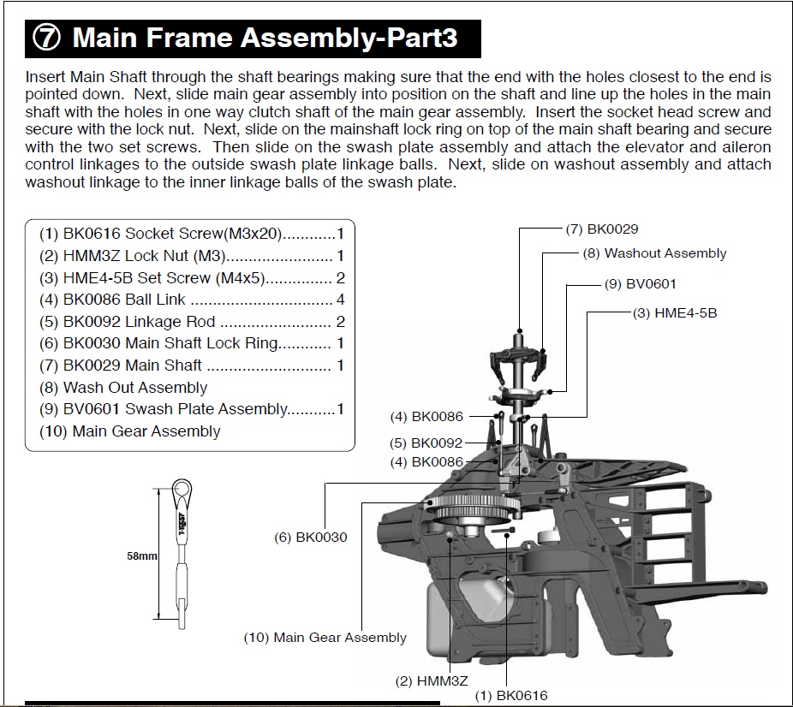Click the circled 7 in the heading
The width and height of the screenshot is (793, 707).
click(47, 39)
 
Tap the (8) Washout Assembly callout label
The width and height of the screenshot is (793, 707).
click(654, 253)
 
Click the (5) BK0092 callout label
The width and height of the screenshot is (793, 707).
click(426, 443)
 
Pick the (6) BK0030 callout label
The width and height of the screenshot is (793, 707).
click(311, 538)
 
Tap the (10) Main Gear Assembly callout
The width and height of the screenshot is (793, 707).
click(325, 638)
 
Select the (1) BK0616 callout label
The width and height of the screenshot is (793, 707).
click(511, 695)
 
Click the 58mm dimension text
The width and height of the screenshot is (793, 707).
click(141, 555)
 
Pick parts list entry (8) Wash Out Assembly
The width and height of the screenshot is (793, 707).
click(123, 388)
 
